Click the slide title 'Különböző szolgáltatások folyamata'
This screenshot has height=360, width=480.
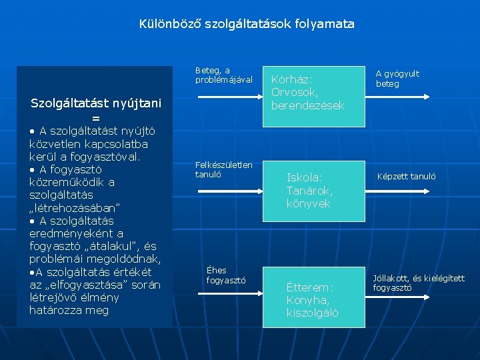[247, 24]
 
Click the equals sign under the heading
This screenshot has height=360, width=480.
[96, 117]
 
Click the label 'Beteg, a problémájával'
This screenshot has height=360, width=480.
[223, 75]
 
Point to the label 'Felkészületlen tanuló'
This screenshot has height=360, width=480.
[223, 169]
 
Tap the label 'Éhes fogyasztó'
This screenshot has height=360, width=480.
[226, 275]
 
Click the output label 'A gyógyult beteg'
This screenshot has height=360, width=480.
[397, 79]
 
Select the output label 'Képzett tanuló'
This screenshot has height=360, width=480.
[406, 177]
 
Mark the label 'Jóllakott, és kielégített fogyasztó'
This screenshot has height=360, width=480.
[419, 283]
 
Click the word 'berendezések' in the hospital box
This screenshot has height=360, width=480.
[307, 105]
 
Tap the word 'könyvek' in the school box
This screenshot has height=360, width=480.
[308, 203]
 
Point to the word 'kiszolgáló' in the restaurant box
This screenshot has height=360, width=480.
[312, 313]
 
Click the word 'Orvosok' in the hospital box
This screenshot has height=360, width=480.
[295, 92]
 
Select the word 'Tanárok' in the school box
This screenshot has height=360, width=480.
[309, 191]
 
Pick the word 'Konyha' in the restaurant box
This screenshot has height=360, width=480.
[309, 300]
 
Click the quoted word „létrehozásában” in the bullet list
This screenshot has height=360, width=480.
[75, 207]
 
